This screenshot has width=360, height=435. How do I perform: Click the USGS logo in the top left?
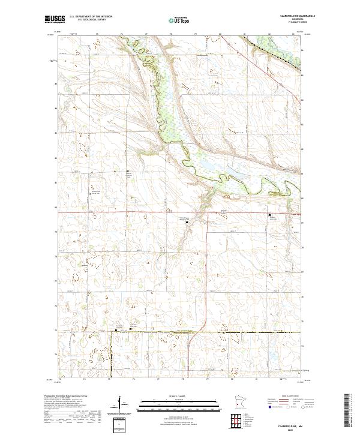tap(55, 19)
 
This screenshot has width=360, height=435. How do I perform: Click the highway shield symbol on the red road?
tap(223, 212)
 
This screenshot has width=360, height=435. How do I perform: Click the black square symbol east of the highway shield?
tap(269, 214)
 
